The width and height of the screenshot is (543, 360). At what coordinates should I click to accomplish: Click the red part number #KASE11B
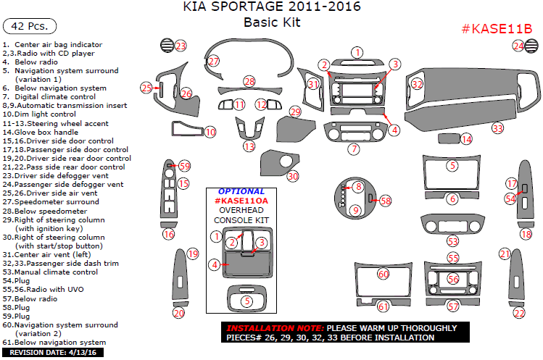click(497, 29)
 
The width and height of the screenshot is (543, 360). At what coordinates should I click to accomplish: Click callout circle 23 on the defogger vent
click(181, 46)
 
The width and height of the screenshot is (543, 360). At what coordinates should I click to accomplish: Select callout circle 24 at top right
click(518, 46)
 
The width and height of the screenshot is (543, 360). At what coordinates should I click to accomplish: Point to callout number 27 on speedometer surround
click(213, 62)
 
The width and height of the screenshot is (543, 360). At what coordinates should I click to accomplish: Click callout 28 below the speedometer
click(249, 81)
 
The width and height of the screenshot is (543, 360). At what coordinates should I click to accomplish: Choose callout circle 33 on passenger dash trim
click(497, 128)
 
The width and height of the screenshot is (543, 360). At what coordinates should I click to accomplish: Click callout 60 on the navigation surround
click(383, 274)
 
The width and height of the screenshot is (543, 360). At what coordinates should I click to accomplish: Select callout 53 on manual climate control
click(452, 240)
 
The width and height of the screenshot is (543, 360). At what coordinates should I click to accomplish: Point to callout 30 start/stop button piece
click(293, 176)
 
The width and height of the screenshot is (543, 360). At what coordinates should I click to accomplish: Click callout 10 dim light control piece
click(210, 132)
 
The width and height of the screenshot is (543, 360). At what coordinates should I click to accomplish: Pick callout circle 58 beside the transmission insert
click(385, 200)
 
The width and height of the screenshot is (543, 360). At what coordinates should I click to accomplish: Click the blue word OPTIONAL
click(241, 191)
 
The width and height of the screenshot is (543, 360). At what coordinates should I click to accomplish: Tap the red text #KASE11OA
click(241, 201)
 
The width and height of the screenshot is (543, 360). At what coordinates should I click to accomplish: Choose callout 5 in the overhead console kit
click(246, 301)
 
